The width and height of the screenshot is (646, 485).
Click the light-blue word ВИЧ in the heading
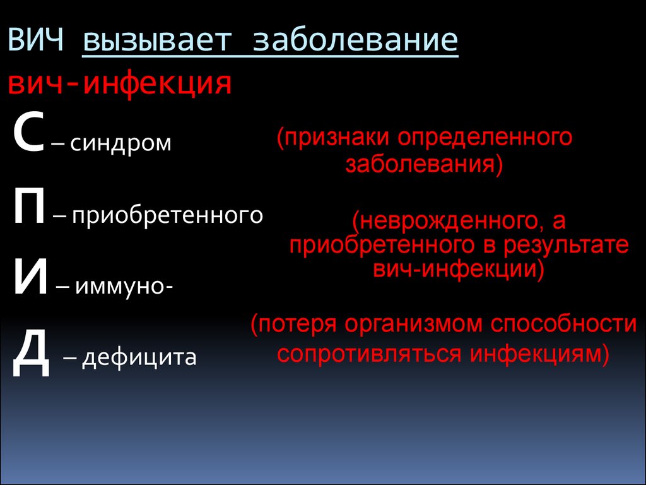(x=35, y=40)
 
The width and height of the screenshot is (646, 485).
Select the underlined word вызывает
(x=157, y=40)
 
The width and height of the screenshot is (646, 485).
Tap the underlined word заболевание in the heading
(x=356, y=40)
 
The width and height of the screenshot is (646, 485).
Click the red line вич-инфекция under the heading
(x=120, y=84)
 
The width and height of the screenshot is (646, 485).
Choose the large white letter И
(x=30, y=277)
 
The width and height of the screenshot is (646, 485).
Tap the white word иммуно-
(x=124, y=286)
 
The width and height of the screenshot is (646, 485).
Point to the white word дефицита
(x=139, y=357)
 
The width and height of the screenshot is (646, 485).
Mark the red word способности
(x=563, y=324)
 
